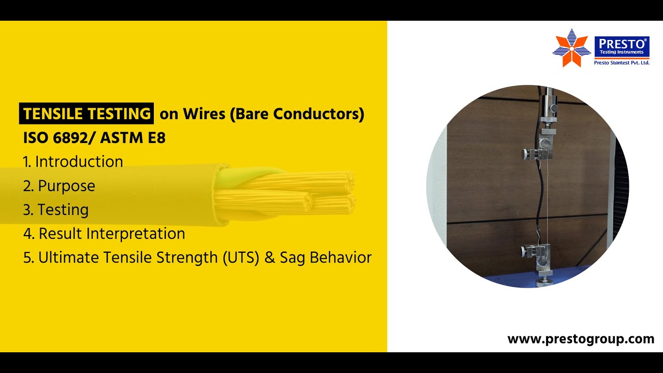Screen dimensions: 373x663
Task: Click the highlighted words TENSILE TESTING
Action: point(87,113)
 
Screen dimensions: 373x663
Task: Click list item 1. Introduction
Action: point(73,162)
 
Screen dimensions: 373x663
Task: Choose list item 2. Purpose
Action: point(59,186)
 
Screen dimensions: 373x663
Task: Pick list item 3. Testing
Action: point(56,210)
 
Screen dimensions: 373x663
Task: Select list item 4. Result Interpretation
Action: point(104,234)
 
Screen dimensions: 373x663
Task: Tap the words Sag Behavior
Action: point(325,257)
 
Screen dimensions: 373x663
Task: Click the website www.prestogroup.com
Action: point(581,339)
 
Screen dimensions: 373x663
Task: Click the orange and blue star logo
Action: point(571,48)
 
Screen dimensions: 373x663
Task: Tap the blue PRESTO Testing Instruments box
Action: point(622,46)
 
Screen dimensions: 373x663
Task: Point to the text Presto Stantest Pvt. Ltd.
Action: point(622,63)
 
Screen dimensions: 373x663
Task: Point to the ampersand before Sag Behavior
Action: point(269,257)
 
